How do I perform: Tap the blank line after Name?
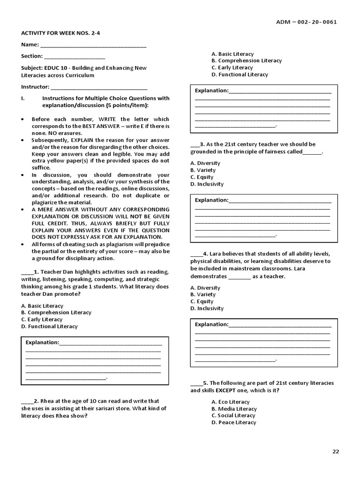[93, 46]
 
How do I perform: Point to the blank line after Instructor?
[99, 88]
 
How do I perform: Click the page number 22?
[335, 451]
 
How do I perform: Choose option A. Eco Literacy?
[230, 402]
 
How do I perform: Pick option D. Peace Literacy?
[233, 422]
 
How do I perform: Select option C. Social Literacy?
[233, 415]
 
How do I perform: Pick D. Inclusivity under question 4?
[207, 308]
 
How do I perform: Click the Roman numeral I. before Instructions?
[22, 98]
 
